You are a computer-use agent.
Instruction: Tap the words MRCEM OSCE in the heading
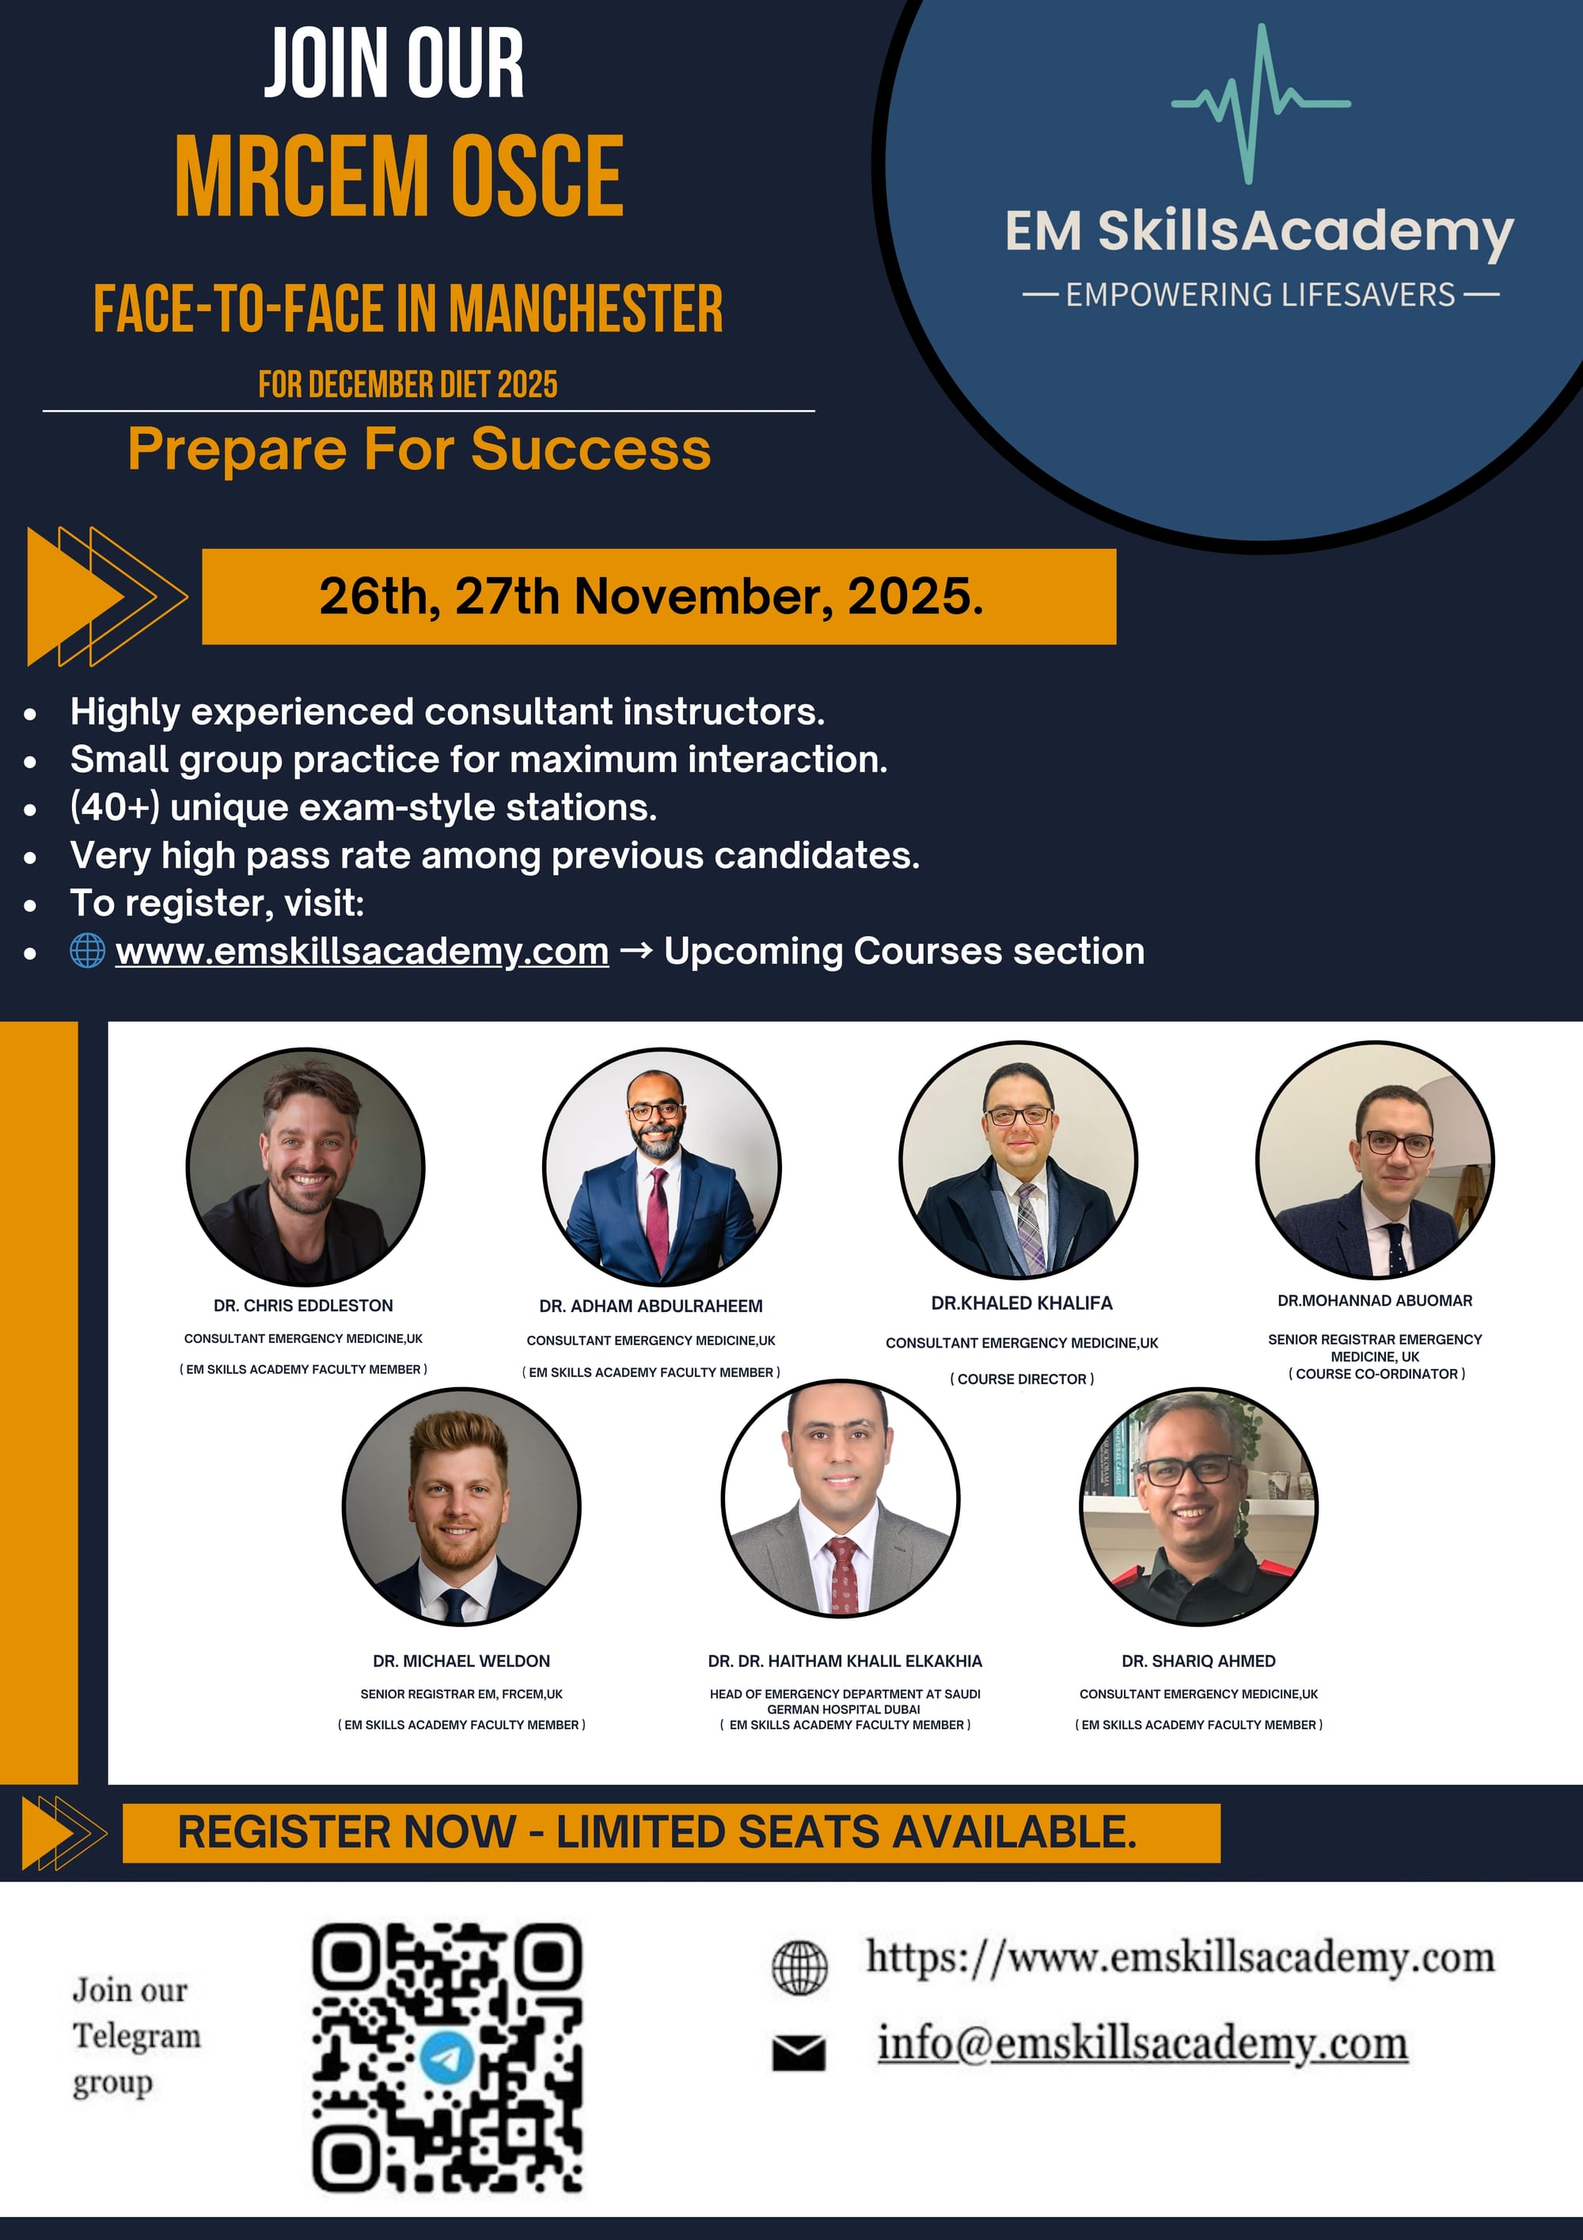coord(399,176)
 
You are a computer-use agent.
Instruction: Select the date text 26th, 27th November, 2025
coord(651,596)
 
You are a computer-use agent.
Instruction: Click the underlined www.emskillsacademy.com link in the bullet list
coord(362,951)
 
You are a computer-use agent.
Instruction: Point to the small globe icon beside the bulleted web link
coord(88,950)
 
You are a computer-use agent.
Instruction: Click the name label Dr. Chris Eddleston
coord(303,1306)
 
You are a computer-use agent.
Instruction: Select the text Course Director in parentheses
coord(1022,1379)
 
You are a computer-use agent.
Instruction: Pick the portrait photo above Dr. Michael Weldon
coord(461,1506)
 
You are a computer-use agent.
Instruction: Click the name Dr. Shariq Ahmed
coord(1198,1660)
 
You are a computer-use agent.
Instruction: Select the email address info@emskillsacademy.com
coord(1143,2043)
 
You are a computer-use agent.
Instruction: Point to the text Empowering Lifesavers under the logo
coord(1261,295)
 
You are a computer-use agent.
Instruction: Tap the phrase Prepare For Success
coord(419,450)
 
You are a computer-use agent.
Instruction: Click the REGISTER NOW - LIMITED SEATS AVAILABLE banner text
coord(658,1832)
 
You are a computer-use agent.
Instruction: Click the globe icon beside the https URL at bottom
coord(799,1967)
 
